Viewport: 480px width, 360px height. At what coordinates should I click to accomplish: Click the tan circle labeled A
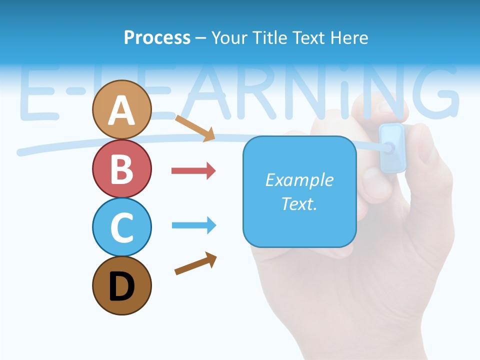tap(121, 109)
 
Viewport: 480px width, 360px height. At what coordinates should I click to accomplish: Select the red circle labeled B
tap(121, 168)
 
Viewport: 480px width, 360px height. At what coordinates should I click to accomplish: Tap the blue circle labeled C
tap(121, 227)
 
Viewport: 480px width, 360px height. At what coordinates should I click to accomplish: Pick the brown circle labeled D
tap(121, 285)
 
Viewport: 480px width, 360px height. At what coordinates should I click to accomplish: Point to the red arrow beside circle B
tap(193, 171)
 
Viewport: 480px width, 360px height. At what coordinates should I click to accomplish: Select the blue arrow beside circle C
tap(193, 225)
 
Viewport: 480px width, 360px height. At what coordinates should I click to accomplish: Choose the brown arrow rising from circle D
tap(195, 263)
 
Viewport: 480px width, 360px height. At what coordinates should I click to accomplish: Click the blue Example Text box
tap(299, 192)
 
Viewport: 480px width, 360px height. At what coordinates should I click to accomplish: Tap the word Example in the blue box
tap(299, 180)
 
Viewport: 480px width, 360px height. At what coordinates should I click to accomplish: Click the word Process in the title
tap(157, 37)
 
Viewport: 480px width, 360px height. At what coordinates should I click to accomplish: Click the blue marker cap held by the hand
tap(391, 147)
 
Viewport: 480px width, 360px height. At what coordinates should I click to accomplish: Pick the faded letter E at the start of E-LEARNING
tap(40, 95)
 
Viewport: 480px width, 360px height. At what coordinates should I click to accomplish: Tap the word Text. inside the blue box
tap(299, 204)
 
